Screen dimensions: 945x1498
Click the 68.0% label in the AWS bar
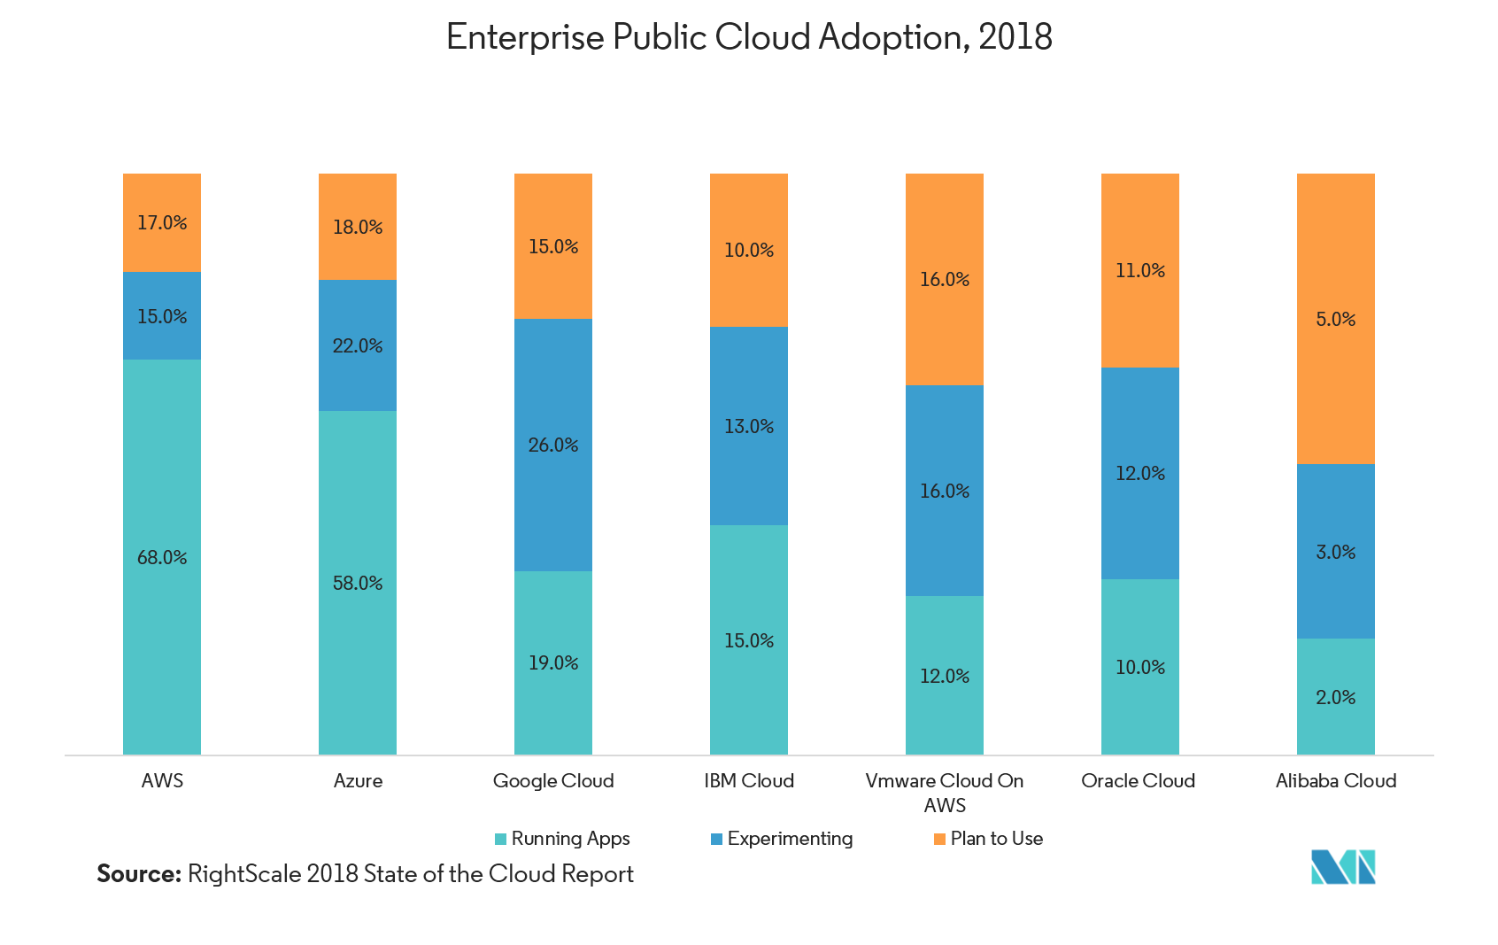pyautogui.click(x=162, y=558)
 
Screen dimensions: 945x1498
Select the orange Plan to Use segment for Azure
pyautogui.click(x=358, y=227)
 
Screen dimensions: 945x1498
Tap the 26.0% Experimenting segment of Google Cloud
pyautogui.click(x=553, y=445)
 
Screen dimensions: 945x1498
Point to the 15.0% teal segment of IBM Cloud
pyautogui.click(x=749, y=640)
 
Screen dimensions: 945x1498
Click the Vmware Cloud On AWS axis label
pyautogui.click(x=945, y=793)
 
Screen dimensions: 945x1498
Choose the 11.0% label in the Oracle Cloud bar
pyautogui.click(x=1140, y=271)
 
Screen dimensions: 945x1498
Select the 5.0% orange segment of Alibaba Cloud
pyautogui.click(x=1335, y=319)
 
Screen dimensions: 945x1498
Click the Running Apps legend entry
pyautogui.click(x=563, y=839)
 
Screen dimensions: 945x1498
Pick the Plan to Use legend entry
pyautogui.click(x=989, y=839)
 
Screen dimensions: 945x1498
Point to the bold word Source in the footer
pyautogui.click(x=138, y=874)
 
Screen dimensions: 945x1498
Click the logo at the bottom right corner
pyautogui.click(x=1342, y=868)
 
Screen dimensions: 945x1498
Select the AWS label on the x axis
pyautogui.click(x=162, y=781)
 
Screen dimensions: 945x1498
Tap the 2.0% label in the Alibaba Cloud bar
pyautogui.click(x=1335, y=698)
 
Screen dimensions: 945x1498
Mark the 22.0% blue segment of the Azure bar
pyautogui.click(x=358, y=346)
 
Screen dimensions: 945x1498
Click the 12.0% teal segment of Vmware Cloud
pyautogui.click(x=945, y=677)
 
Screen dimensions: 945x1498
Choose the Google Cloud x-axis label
pyautogui.click(x=553, y=781)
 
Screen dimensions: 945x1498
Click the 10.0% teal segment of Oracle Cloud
pyautogui.click(x=1140, y=668)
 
